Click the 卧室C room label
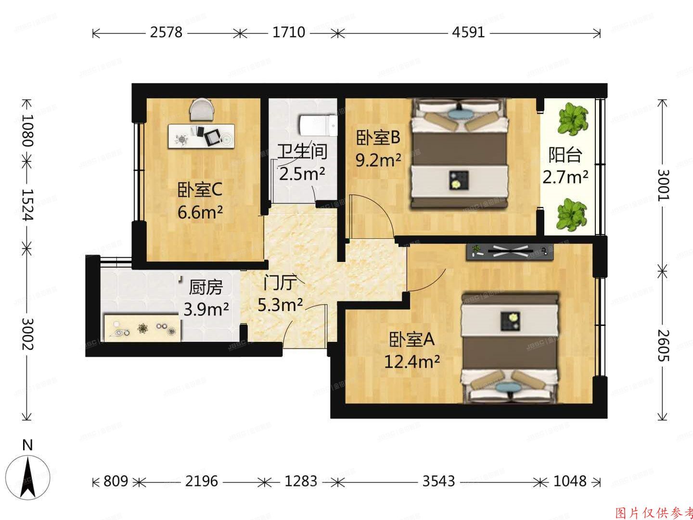pyautogui.click(x=200, y=191)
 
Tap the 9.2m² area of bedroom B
pyautogui.click(x=378, y=160)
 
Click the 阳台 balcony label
pyautogui.click(x=565, y=155)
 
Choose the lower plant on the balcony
pyautogui.click(x=572, y=215)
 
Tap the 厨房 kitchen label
pyautogui.click(x=206, y=287)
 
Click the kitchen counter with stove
pyautogui.click(x=143, y=327)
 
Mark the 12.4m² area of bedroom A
pyautogui.click(x=412, y=361)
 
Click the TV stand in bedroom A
pyautogui.click(x=510, y=251)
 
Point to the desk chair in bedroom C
pyautogui.click(x=203, y=110)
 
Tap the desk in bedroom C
pyautogui.click(x=202, y=136)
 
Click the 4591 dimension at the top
pyautogui.click(x=468, y=32)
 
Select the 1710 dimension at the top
pyautogui.click(x=289, y=32)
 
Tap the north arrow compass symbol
pyautogui.click(x=29, y=477)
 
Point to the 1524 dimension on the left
pyautogui.click(x=27, y=205)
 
